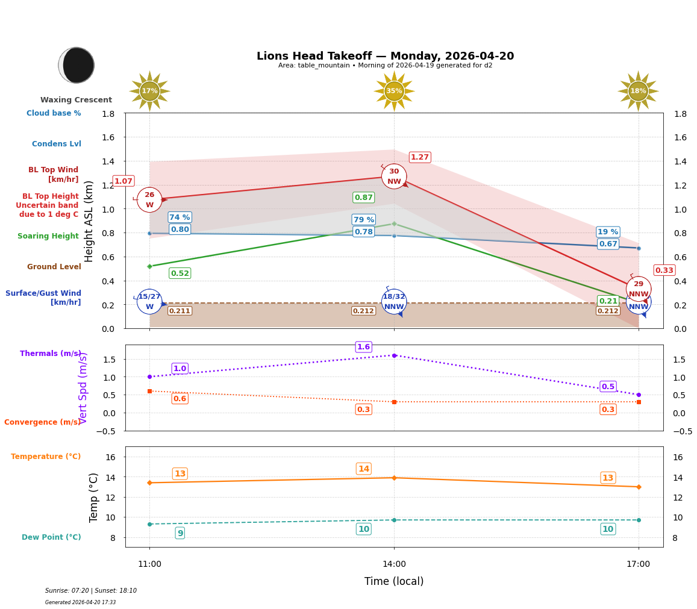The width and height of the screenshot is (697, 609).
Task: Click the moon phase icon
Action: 77,65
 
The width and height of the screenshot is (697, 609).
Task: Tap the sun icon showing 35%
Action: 394,91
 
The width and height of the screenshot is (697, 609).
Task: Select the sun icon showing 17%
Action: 149,91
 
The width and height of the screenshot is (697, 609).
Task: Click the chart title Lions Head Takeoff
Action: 385,56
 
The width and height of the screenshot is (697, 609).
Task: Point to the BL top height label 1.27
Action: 419,157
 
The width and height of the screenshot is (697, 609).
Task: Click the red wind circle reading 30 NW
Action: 394,176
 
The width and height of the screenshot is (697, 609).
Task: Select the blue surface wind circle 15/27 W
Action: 149,302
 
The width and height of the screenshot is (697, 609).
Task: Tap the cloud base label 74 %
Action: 180,217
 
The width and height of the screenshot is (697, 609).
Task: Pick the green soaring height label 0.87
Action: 363,198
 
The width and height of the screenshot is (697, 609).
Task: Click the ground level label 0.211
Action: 180,311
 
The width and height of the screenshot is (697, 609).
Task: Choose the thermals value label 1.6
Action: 363,347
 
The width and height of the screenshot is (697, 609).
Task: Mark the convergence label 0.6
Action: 180,399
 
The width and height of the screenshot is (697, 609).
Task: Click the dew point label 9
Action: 180,533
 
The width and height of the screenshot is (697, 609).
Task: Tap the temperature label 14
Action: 363,469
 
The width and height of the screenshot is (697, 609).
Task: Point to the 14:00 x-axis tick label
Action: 394,564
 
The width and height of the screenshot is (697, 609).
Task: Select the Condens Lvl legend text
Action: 57,144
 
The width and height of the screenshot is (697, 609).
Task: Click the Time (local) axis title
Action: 394,581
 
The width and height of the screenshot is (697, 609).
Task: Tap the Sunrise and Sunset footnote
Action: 91,591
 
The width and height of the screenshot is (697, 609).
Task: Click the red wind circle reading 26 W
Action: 149,200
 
